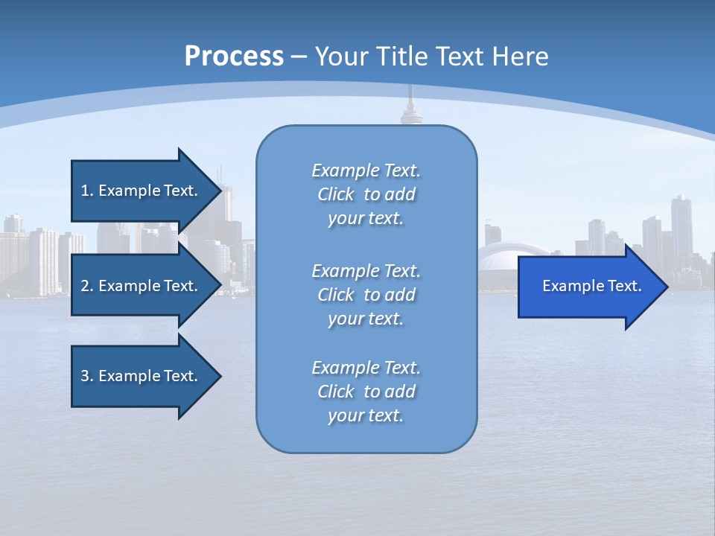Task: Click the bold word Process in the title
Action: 234,56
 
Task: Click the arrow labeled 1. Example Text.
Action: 139,191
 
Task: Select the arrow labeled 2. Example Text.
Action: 139,286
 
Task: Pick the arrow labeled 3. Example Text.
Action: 139,376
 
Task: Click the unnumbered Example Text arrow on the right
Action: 591,286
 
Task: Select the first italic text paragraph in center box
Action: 366,194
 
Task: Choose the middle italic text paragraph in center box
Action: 366,295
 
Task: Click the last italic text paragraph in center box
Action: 366,392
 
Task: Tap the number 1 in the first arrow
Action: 85,191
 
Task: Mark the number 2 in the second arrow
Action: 85,286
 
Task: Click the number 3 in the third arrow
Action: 85,376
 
